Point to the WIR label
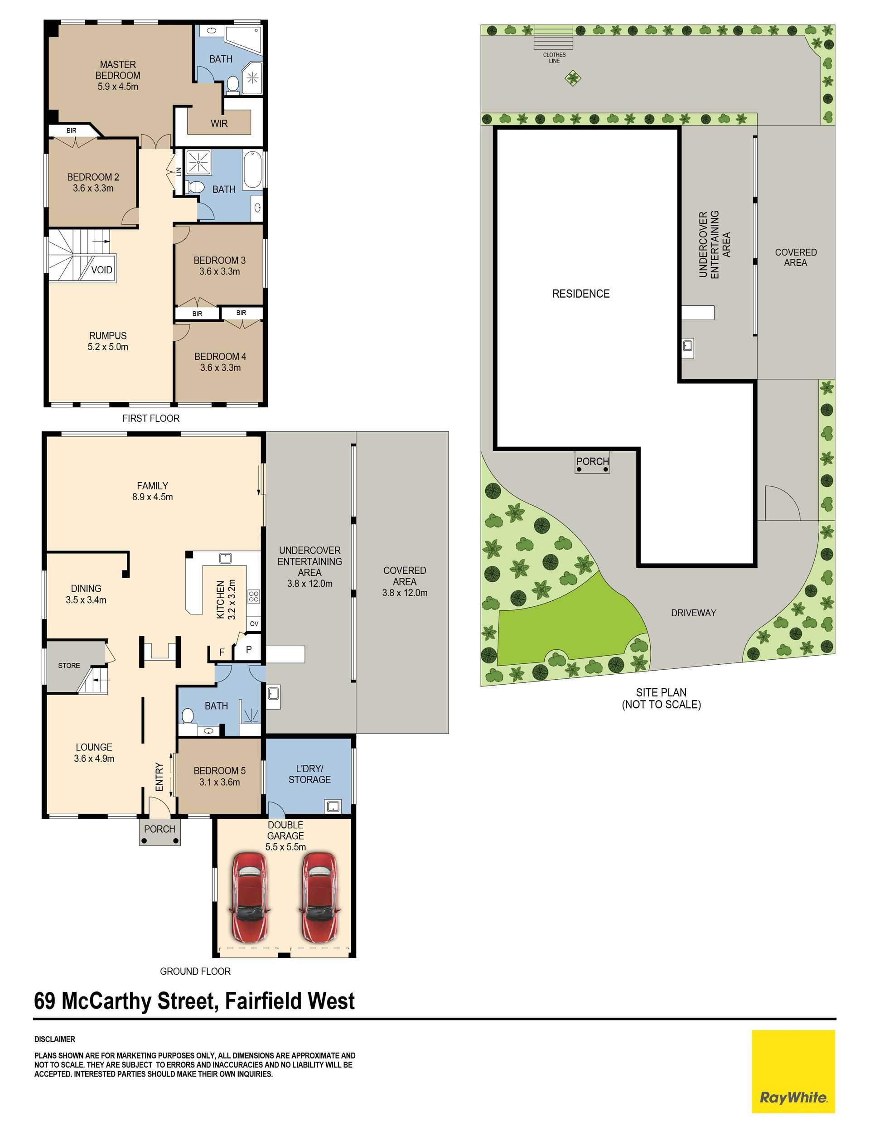[219, 123]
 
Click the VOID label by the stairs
[101, 270]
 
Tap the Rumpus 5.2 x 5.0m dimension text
[108, 347]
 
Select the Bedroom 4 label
[220, 356]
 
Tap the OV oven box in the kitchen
[254, 624]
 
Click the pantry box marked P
[249, 650]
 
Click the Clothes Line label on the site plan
[554, 58]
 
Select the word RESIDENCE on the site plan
[581, 294]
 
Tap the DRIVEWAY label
[694, 613]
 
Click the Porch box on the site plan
[593, 461]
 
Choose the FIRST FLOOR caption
[151, 419]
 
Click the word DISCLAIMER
[55, 1039]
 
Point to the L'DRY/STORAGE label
[309, 774]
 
